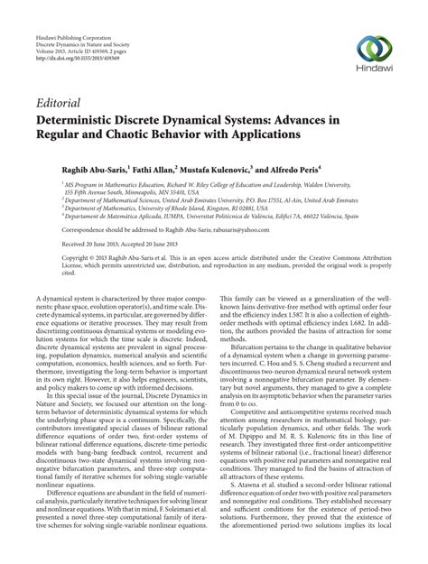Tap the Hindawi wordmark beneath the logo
point(372,67)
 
